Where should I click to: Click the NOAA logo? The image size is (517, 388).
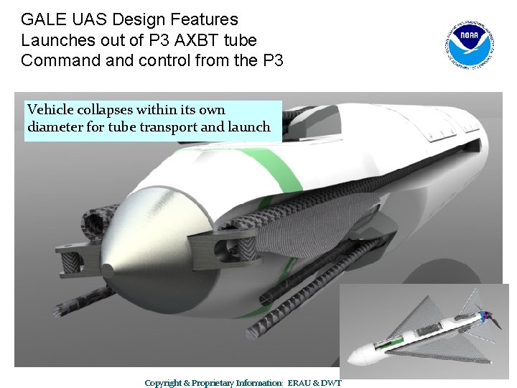[472, 42]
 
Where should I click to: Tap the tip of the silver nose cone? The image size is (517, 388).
[107, 270]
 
